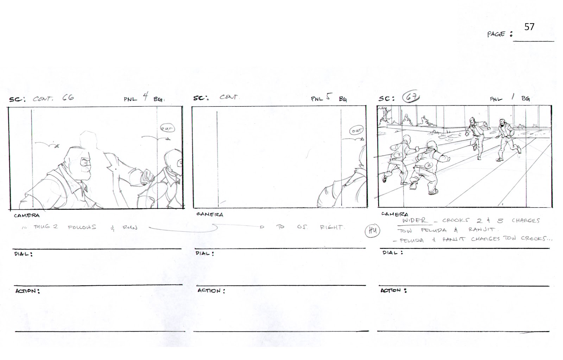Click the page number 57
pyautogui.click(x=529, y=27)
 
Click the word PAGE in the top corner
pyautogui.click(x=496, y=34)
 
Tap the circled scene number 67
pyautogui.click(x=411, y=97)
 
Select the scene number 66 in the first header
pyautogui.click(x=68, y=97)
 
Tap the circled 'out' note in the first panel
pyautogui.click(x=167, y=128)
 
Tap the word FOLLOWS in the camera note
pyautogui.click(x=82, y=227)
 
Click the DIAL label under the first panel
pyautogui.click(x=23, y=254)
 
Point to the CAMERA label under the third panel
pyautogui.click(x=394, y=214)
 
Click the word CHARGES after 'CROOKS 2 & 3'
pyautogui.click(x=526, y=221)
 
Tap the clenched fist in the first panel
pyautogui.click(x=145, y=178)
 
